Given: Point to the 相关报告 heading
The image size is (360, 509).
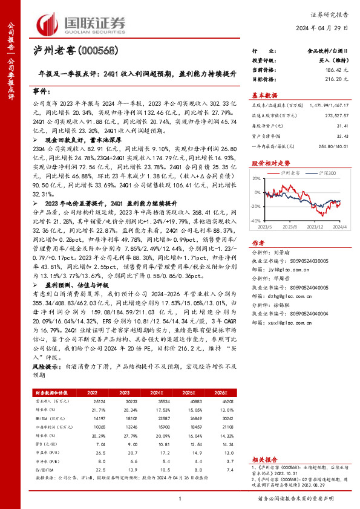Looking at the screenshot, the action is pos(264,443).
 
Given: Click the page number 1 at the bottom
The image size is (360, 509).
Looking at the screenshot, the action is pos(180,498).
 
